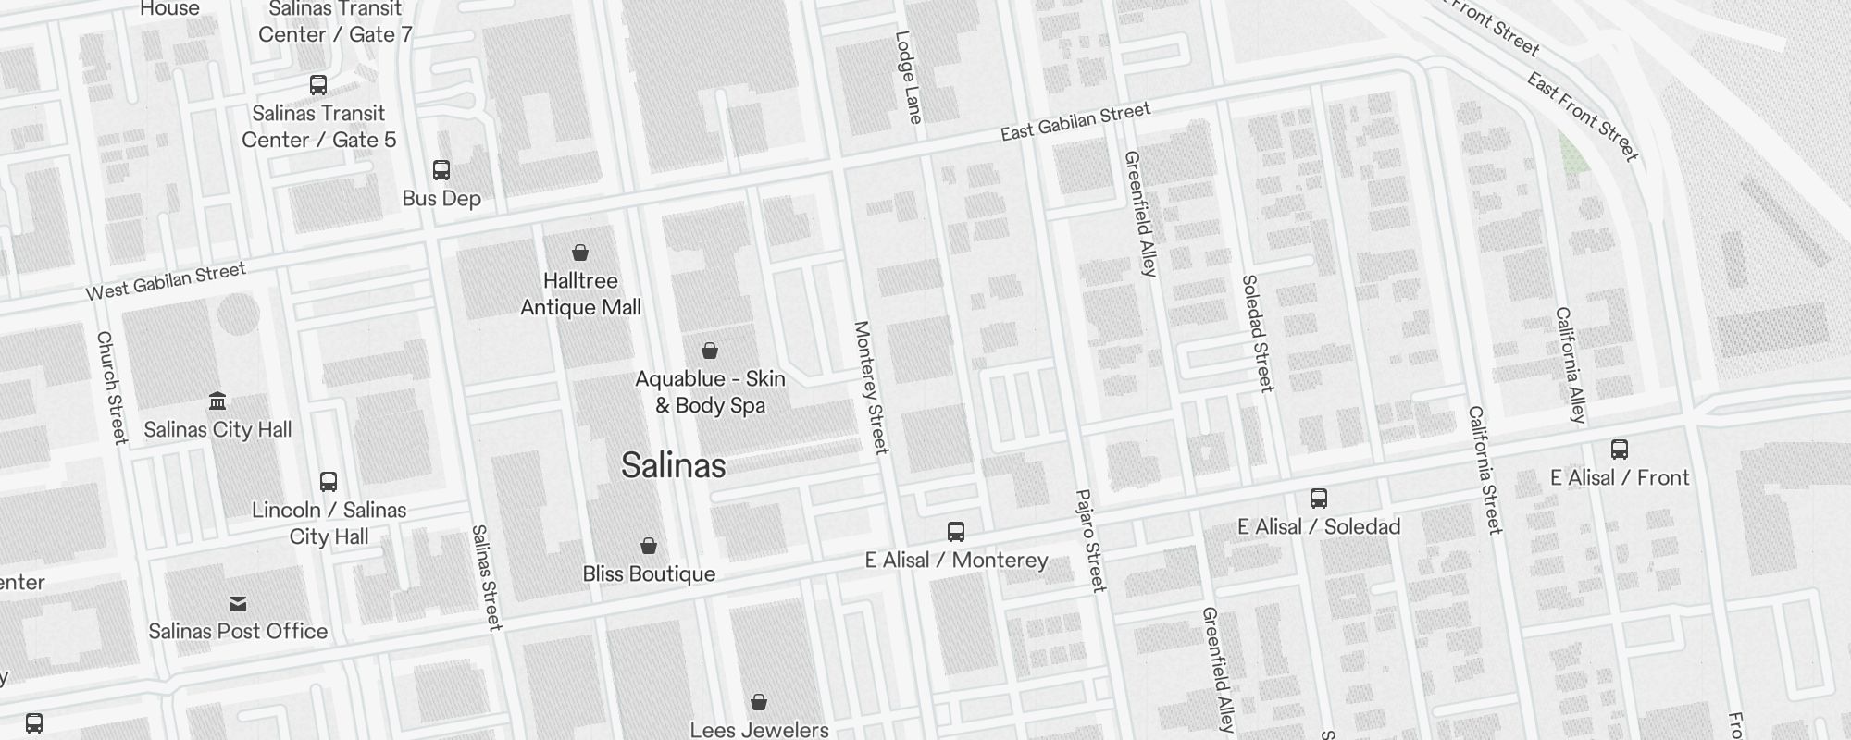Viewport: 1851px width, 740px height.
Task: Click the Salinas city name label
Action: (x=673, y=465)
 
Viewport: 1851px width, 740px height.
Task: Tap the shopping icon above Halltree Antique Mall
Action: (x=580, y=253)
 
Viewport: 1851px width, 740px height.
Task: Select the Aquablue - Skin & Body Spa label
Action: (x=710, y=391)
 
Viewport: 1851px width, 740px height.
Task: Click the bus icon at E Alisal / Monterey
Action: (x=956, y=532)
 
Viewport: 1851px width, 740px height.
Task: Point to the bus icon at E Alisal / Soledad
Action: (x=1319, y=499)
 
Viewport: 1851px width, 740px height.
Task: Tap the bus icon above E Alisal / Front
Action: (x=1620, y=450)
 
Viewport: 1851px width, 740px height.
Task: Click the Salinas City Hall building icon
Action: (x=217, y=401)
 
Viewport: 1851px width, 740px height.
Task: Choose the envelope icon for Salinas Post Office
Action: (x=238, y=604)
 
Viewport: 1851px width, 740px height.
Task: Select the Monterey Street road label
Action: (x=871, y=387)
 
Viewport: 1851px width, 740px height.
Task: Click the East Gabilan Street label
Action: (x=1075, y=121)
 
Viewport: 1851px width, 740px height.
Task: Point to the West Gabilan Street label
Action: (x=166, y=281)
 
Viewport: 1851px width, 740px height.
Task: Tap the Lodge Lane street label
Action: (x=909, y=78)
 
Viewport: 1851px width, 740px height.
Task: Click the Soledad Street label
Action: (x=1258, y=333)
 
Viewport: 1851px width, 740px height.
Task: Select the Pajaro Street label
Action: (x=1091, y=540)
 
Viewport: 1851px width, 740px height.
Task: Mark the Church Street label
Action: (x=112, y=387)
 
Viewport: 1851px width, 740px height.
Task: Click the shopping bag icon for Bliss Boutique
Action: (x=649, y=546)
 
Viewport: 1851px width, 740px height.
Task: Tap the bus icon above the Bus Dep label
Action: (x=441, y=170)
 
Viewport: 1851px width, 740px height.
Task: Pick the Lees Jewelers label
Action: (x=759, y=729)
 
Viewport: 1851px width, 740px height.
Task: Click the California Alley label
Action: (x=1571, y=364)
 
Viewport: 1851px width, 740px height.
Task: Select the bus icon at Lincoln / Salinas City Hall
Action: (x=329, y=482)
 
